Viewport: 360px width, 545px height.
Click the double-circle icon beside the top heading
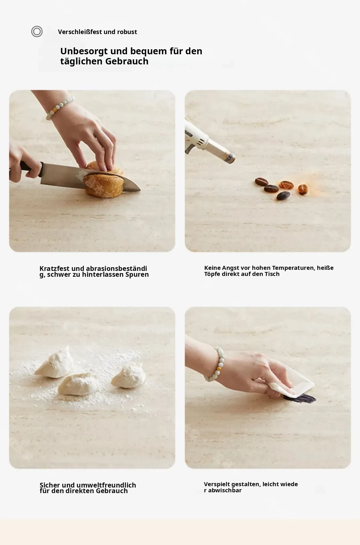pyautogui.click(x=37, y=32)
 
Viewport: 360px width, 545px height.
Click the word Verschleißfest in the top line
pyautogui.click(x=80, y=32)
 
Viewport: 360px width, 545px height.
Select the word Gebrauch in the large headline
pyautogui.click(x=127, y=61)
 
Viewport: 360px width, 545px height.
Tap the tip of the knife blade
pyautogui.click(x=140, y=190)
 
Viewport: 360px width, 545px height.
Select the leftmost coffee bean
pyautogui.click(x=261, y=181)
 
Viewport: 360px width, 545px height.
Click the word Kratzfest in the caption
pyautogui.click(x=55, y=269)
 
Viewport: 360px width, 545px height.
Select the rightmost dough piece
pyautogui.click(x=129, y=374)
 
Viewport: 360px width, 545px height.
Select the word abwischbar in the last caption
pyautogui.click(x=225, y=490)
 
